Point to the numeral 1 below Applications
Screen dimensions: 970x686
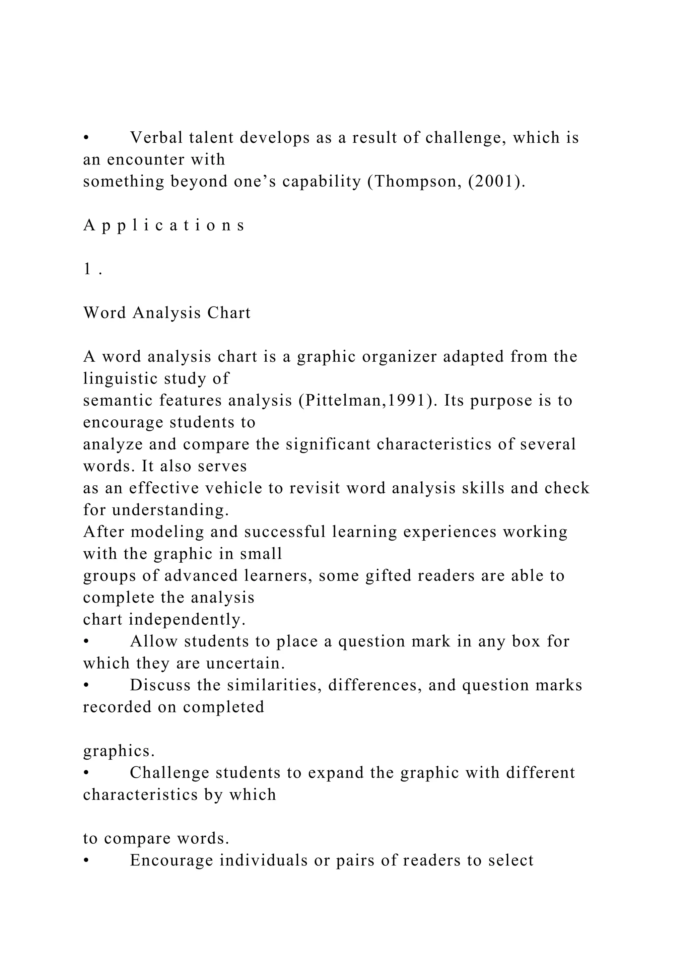87,269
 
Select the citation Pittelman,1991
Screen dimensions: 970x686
365,400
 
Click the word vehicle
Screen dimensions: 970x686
234,488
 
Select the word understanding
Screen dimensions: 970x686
170,510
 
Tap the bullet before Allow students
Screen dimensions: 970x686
86,641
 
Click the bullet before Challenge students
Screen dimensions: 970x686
86,773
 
